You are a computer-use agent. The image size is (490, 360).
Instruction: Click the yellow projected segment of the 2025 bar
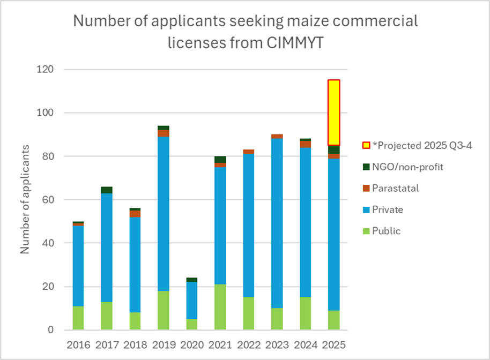point(334,112)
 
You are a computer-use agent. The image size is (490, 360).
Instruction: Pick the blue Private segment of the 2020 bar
point(192,300)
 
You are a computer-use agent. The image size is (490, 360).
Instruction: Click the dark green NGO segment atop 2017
point(107,190)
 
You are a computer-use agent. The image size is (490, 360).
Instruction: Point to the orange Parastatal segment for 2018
point(135,214)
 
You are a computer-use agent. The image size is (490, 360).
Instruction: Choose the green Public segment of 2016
point(78,318)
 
